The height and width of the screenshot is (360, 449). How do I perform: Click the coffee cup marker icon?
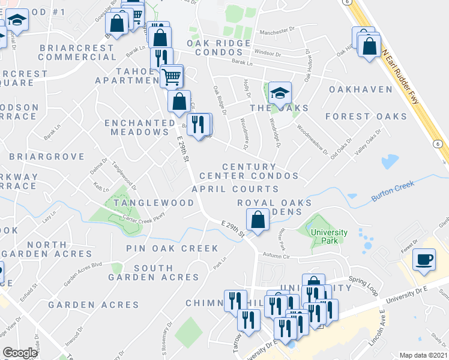click(x=424, y=260)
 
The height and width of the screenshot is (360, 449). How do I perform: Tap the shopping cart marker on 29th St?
click(x=172, y=76)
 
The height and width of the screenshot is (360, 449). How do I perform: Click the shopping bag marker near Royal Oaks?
click(x=257, y=220)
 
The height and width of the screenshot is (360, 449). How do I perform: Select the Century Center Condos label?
click(x=249, y=171)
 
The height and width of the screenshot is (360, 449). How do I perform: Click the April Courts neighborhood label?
click(x=235, y=189)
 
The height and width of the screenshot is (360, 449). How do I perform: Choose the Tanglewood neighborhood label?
click(x=154, y=203)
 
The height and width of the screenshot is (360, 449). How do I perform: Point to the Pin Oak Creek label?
click(x=164, y=248)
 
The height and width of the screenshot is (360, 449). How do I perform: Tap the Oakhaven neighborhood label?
click(x=360, y=89)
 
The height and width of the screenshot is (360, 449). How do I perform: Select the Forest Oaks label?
click(x=366, y=116)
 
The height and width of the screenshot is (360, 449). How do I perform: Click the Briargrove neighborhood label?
click(x=47, y=157)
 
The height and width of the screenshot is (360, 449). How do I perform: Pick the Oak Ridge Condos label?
click(x=218, y=49)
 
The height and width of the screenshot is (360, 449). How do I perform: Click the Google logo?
click(x=20, y=353)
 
